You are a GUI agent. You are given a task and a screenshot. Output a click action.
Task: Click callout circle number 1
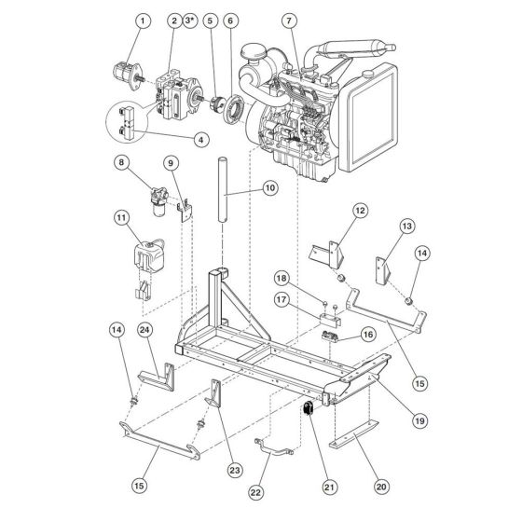pyautogui.click(x=143, y=21)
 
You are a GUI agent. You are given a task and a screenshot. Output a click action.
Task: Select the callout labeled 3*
pyautogui.click(x=189, y=21)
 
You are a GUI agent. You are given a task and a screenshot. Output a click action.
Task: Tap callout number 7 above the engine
pyautogui.click(x=289, y=21)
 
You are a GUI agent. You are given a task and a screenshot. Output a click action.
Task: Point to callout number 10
pyautogui.click(x=270, y=188)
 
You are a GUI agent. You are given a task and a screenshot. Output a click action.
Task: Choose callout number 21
pyautogui.click(x=329, y=488)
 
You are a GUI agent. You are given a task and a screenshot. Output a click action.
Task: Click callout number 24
pyautogui.click(x=145, y=330)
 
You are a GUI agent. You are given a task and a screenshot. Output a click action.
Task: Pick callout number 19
pyautogui.click(x=420, y=420)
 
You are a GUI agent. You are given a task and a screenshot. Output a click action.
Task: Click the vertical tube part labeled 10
pyautogui.click(x=223, y=190)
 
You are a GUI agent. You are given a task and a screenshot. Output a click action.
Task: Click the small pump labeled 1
pyautogui.click(x=129, y=76)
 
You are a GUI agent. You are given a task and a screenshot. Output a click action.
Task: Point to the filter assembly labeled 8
pyautogui.click(x=158, y=200)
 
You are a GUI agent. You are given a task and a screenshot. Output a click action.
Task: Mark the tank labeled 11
pyautogui.click(x=149, y=255)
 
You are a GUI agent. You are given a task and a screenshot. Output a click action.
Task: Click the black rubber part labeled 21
pyautogui.click(x=309, y=408)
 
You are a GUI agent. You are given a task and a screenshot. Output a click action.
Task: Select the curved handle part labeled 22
pyautogui.click(x=274, y=447)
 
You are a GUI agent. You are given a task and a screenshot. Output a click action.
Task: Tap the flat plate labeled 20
pyautogui.click(x=354, y=434)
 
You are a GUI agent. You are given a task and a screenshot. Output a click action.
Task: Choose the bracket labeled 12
pyautogui.click(x=327, y=254)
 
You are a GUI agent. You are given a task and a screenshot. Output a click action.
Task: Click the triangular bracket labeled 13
pyautogui.click(x=383, y=270)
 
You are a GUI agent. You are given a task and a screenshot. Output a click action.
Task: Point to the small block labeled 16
pyautogui.click(x=330, y=336)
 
